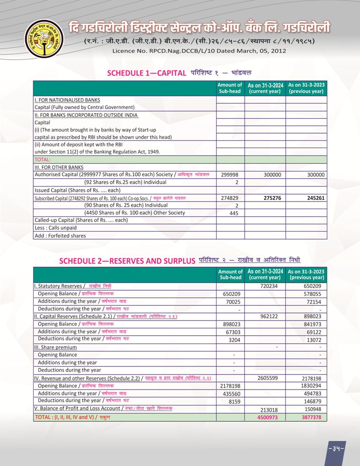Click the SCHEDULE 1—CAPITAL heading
pyautogui.click(x=147, y=73)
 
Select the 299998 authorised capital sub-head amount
pyautogui.click(x=230, y=174)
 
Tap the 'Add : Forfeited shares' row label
pyautogui.click(x=60, y=235)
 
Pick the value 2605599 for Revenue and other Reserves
pyautogui.click(x=268, y=378)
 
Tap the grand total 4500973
pyautogui.click(x=268, y=417)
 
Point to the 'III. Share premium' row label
pyautogui.click(x=55, y=347)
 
